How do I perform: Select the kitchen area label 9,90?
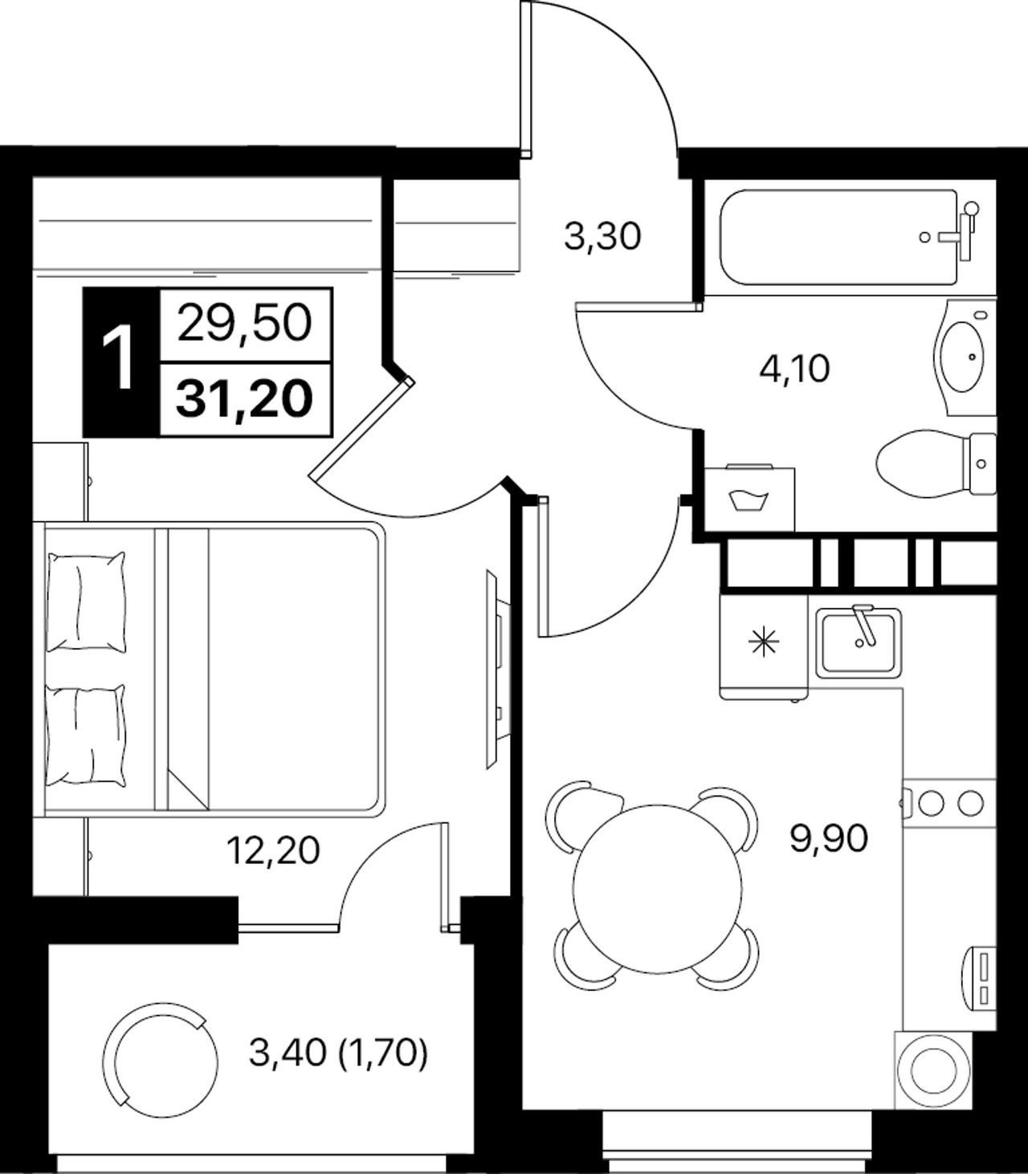[x=828, y=839]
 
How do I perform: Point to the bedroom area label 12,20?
[x=272, y=850]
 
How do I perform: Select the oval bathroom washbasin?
[x=963, y=357]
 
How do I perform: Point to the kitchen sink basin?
[x=859, y=644]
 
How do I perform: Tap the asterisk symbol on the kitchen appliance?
[x=764, y=642]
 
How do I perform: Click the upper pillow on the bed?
[x=85, y=601]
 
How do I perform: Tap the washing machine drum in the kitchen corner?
[x=935, y=1070]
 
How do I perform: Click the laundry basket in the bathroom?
[x=749, y=499]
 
